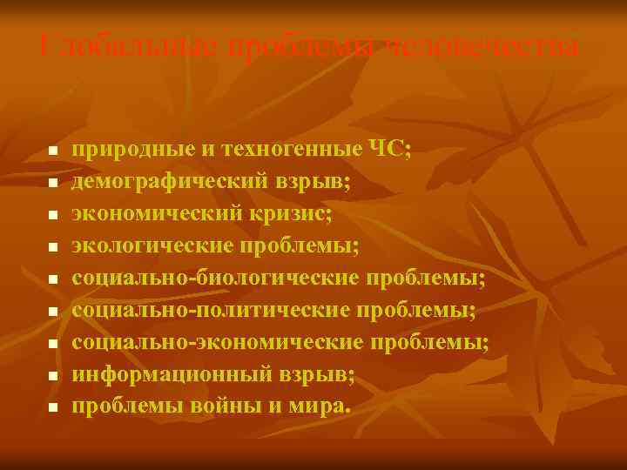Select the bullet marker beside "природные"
[x=52, y=151]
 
